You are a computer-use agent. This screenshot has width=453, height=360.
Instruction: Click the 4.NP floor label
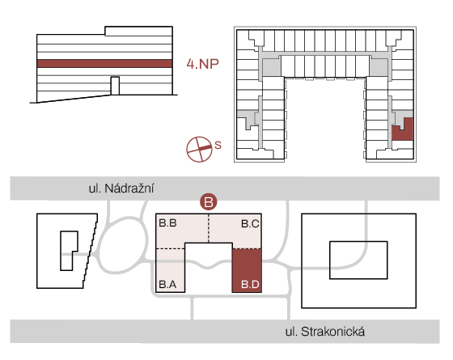click(202, 64)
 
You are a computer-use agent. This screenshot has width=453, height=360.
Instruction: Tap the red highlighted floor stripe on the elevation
click(105, 64)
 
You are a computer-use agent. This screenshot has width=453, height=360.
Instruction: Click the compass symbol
click(199, 149)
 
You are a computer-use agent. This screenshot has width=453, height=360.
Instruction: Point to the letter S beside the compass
click(218, 145)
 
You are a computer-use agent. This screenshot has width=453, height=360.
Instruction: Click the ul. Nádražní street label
click(121, 188)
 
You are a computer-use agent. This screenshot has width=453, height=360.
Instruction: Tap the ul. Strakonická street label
click(325, 332)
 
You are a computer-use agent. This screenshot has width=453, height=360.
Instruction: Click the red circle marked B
click(209, 201)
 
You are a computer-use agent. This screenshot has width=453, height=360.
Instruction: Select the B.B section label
click(168, 223)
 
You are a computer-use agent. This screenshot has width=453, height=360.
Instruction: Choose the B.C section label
click(250, 223)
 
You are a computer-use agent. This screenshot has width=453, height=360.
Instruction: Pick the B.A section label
click(168, 284)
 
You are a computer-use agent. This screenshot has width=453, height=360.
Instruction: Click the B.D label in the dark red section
click(250, 285)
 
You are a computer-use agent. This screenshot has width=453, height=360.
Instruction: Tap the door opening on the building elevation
click(115, 86)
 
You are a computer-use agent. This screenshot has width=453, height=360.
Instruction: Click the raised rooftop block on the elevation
click(138, 31)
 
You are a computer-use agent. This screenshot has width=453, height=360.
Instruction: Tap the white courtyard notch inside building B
click(209, 267)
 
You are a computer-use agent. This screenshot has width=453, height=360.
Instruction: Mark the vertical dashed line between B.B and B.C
click(209, 228)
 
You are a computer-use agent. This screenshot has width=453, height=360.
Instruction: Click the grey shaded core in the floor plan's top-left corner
click(271, 67)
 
